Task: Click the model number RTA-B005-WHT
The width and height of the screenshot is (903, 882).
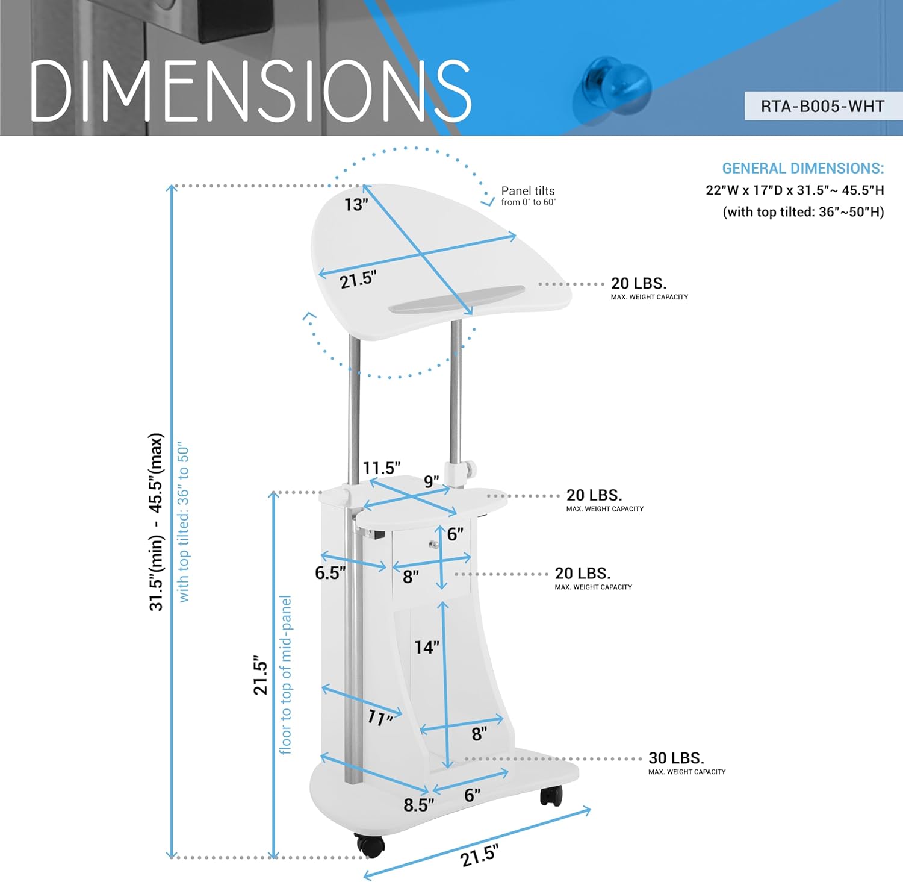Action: (x=822, y=107)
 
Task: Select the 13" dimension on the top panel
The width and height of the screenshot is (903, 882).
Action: (x=356, y=205)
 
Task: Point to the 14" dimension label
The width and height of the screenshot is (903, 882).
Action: (x=427, y=648)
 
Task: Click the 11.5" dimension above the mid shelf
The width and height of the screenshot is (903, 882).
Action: (x=382, y=468)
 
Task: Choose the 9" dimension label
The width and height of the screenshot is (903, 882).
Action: (x=432, y=481)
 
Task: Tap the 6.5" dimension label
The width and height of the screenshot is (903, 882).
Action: (x=330, y=572)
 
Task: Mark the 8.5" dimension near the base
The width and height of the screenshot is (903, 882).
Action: (x=419, y=805)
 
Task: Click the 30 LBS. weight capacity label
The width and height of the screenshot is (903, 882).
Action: (x=677, y=758)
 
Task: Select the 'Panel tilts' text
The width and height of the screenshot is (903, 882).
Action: (x=528, y=191)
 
